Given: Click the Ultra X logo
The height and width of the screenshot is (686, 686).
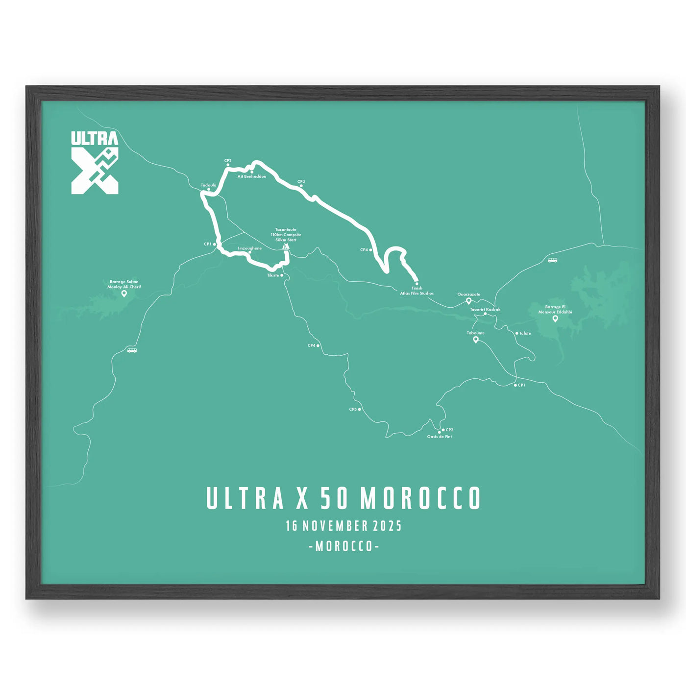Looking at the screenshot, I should pyautogui.click(x=95, y=162).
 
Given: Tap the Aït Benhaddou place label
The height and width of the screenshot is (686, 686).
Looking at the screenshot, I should pyautogui.click(x=252, y=176).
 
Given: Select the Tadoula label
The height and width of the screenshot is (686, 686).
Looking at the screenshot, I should pyautogui.click(x=208, y=185).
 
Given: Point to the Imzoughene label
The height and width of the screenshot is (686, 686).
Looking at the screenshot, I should pyautogui.click(x=249, y=248).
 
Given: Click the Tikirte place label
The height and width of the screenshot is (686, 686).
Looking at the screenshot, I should pyautogui.click(x=273, y=275).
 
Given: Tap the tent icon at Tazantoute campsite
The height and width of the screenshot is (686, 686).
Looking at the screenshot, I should pyautogui.click(x=286, y=246).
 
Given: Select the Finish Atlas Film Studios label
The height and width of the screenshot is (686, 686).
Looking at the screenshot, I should pyautogui.click(x=416, y=291).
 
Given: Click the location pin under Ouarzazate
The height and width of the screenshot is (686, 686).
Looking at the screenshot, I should pyautogui.click(x=468, y=301).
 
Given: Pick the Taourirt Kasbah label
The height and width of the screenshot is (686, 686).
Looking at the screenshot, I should pyautogui.click(x=485, y=310).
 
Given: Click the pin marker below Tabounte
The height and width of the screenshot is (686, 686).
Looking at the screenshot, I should pyautogui.click(x=475, y=340).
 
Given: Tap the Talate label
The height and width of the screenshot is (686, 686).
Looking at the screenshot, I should pyautogui.click(x=525, y=333).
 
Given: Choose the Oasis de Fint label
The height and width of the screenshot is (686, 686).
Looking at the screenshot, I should pyautogui.click(x=439, y=437).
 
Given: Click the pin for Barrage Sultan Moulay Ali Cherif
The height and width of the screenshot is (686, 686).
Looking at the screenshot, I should pyautogui.click(x=124, y=294).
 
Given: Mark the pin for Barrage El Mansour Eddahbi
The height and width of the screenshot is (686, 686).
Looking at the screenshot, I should pyautogui.click(x=555, y=318).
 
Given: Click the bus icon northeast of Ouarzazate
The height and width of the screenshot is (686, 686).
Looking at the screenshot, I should pyautogui.click(x=552, y=260).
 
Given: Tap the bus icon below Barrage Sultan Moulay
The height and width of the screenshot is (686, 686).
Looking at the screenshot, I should pyautogui.click(x=132, y=350).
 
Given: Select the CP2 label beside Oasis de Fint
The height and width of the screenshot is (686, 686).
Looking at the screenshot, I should pyautogui.click(x=449, y=430).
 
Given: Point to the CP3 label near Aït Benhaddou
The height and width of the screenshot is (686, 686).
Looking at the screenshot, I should pyautogui.click(x=301, y=182).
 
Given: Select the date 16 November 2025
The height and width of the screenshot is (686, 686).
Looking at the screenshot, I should pyautogui.click(x=343, y=526).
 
